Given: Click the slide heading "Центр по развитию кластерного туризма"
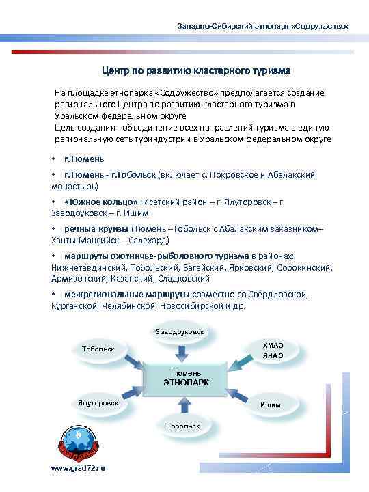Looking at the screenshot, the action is (196, 70).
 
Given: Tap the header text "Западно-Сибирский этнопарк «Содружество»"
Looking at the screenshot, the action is (263, 26).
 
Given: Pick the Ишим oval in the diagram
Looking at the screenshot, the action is (271, 405).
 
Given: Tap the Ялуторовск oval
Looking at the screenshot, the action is (98, 403).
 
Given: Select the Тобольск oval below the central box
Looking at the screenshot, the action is (182, 426).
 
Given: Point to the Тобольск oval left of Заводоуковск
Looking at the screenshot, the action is (98, 348).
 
